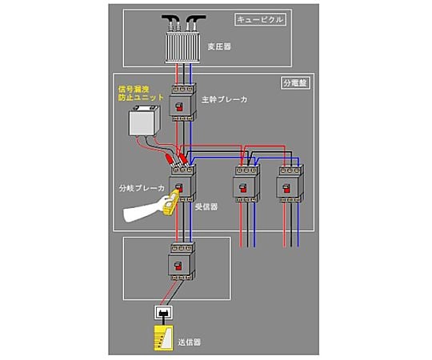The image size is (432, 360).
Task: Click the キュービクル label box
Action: [x=260, y=20]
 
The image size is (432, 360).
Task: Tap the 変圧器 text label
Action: [x=219, y=46]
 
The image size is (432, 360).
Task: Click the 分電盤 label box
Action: [x=295, y=83]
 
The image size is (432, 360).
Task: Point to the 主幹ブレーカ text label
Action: [x=224, y=99]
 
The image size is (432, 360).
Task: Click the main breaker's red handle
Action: [x=180, y=107]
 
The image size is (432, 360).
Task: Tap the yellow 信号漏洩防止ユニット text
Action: [x=141, y=94]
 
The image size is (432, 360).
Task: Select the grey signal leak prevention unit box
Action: [x=144, y=121]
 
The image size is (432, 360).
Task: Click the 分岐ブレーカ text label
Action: [x=142, y=188]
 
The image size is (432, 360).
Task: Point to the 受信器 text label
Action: [x=206, y=206]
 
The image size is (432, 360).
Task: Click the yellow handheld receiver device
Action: [x=170, y=202]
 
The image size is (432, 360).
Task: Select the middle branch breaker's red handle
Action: [x=242, y=190]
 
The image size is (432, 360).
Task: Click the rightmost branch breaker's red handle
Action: [x=286, y=190]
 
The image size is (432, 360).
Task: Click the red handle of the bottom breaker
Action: [x=178, y=266]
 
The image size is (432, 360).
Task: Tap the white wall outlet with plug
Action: [x=164, y=313]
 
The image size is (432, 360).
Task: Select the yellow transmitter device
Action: [x=163, y=338]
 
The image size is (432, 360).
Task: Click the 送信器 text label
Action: [x=190, y=342]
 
